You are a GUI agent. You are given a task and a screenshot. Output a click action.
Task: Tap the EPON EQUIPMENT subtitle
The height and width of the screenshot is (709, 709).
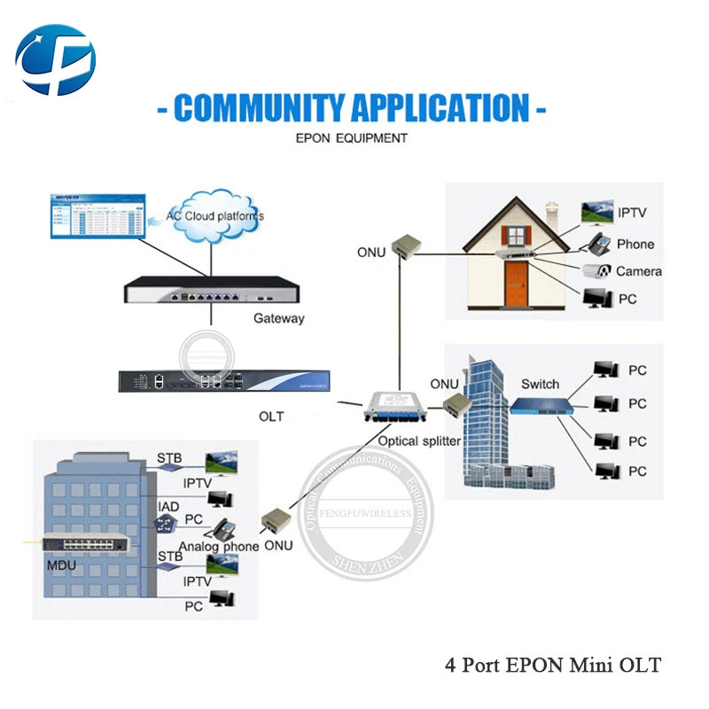coord(351,138)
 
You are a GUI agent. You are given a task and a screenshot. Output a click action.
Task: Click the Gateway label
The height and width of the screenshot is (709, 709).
coord(278,318)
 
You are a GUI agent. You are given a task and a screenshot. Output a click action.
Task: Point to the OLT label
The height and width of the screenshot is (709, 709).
coord(271,416)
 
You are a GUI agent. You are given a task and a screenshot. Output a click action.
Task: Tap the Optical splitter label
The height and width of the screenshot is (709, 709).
coord(418,440)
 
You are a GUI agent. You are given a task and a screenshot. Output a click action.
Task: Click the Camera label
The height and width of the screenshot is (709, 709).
coord(638,271)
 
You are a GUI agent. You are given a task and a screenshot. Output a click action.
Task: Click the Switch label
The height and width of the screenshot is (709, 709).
coord(540,384)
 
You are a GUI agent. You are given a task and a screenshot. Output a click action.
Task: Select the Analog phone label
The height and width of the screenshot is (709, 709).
coord(219,546)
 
